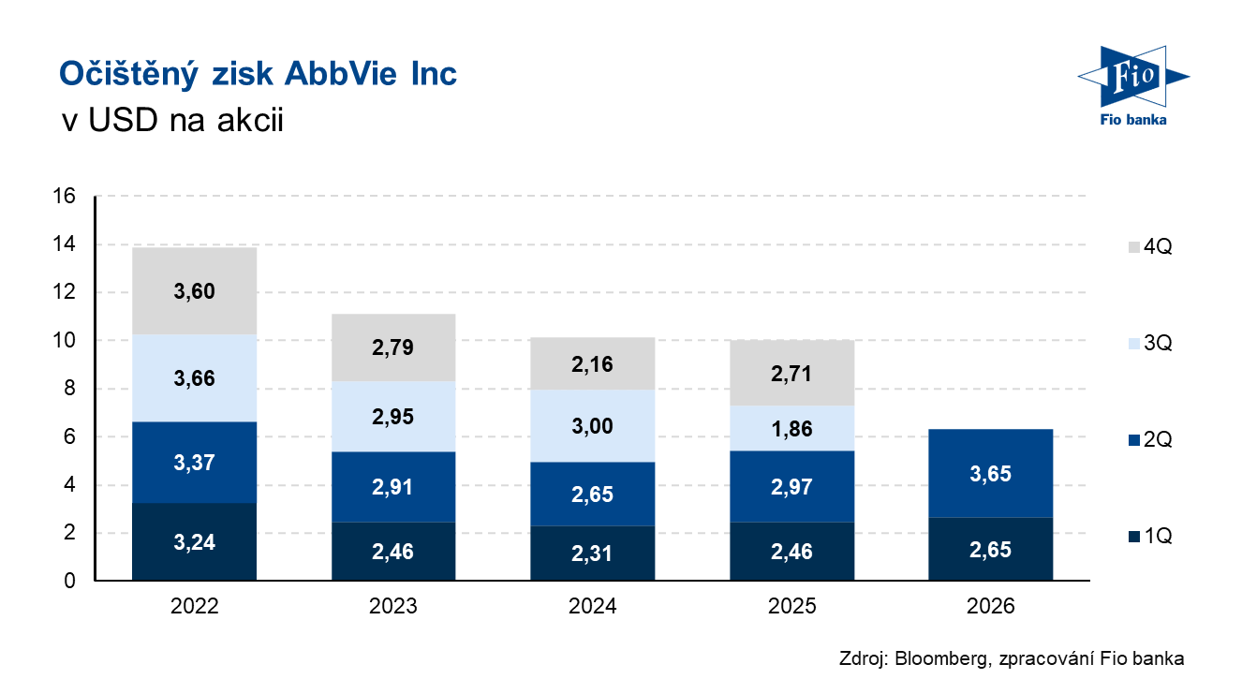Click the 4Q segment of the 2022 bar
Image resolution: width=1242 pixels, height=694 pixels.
[194, 290]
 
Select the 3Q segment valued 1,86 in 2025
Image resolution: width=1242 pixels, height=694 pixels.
[791, 428]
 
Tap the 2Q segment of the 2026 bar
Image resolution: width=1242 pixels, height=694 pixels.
[991, 473]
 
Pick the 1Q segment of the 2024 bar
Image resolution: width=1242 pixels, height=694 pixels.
[592, 553]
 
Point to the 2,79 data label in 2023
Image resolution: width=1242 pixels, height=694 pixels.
[392, 347]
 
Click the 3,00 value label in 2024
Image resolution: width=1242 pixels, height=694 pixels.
[592, 426]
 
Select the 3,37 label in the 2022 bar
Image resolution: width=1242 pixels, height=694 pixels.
[194, 463]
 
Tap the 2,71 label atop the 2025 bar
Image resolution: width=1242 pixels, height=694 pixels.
[791, 374]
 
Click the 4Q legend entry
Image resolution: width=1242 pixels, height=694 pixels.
[1150, 246]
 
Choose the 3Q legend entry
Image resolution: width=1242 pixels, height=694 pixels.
[1150, 343]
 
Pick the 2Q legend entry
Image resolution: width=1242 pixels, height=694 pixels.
[1150, 439]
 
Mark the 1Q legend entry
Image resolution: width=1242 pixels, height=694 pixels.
[1150, 536]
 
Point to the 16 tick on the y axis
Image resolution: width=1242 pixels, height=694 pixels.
[64, 196]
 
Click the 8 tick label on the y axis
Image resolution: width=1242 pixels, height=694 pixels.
[69, 388]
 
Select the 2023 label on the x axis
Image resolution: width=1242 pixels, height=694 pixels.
[393, 606]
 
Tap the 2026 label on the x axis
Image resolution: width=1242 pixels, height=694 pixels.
[991, 606]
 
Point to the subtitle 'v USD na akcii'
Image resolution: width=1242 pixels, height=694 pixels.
[172, 119]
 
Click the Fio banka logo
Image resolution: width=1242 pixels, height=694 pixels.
[1134, 86]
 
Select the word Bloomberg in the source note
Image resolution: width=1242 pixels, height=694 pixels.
[941, 658]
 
